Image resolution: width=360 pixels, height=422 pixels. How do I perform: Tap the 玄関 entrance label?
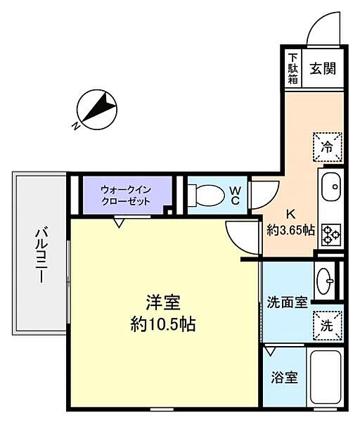tap(323, 69)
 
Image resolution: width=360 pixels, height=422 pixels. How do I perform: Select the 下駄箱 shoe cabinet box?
tap(292, 69)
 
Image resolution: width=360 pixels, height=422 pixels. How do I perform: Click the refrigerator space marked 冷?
tap(327, 147)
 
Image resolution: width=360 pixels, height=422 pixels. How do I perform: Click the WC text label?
tap(236, 195)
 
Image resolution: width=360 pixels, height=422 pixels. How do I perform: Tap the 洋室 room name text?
tap(162, 303)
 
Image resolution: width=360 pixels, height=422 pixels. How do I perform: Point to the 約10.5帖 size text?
tap(162, 324)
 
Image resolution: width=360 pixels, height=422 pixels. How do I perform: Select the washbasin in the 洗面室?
tap(326, 281)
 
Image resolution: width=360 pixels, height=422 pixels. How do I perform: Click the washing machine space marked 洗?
tap(327, 324)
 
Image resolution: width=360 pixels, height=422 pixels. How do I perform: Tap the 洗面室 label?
tap(287, 303)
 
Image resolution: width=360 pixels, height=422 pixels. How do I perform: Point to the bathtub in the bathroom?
tap(326, 378)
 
